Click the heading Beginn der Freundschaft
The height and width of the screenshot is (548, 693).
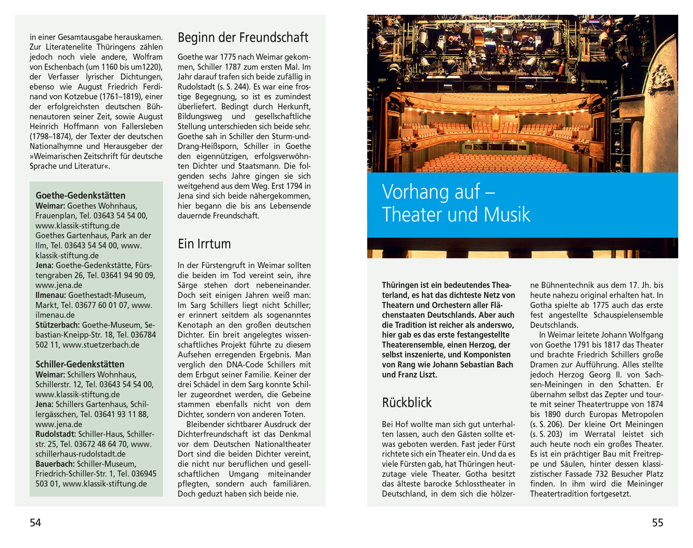[243, 37]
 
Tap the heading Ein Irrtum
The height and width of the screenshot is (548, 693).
[204, 244]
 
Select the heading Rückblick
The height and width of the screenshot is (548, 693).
[407, 402]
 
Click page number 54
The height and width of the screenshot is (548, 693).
[36, 523]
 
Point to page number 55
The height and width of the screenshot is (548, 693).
[657, 523]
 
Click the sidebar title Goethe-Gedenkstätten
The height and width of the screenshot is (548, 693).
[80, 195]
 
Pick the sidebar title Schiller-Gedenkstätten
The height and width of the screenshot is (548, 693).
[80, 364]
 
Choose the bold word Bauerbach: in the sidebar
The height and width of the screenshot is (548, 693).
[55, 464]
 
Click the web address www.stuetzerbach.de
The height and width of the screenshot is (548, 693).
[101, 345]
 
